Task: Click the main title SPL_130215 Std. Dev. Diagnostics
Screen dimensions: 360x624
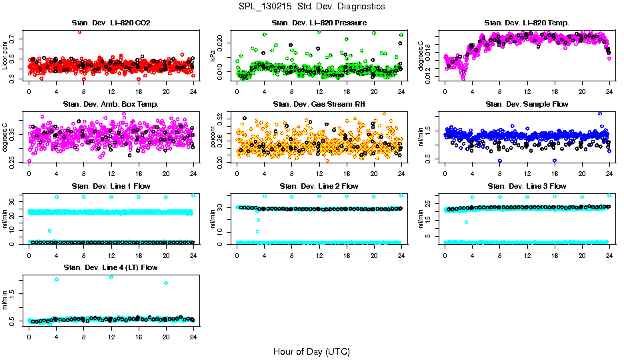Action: coord(311,6)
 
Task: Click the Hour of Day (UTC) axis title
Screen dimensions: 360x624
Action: coord(311,351)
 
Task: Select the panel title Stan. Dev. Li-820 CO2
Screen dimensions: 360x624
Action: coord(111,23)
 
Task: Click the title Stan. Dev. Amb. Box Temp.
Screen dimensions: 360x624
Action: coord(111,105)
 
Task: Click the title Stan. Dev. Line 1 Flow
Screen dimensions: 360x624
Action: coord(111,186)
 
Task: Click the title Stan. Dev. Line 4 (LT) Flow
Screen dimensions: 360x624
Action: coord(111,267)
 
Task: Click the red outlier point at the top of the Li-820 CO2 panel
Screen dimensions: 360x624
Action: coord(80,31)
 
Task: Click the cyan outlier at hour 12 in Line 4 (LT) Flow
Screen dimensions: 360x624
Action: coord(111,277)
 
